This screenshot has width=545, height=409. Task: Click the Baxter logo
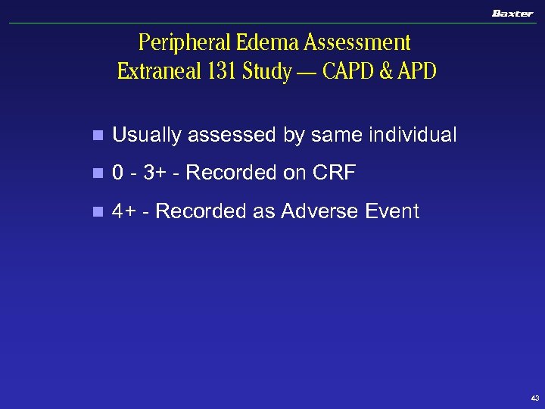[512, 13]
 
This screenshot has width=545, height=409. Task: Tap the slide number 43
[535, 398]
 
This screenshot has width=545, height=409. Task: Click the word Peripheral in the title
[176, 42]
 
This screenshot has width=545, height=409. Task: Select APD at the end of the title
[416, 72]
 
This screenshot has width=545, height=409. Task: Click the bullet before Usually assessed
[95, 136]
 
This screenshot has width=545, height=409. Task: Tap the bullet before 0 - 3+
[95, 174]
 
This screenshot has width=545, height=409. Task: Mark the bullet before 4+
[95, 212]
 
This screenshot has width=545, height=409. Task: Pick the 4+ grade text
[123, 211]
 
